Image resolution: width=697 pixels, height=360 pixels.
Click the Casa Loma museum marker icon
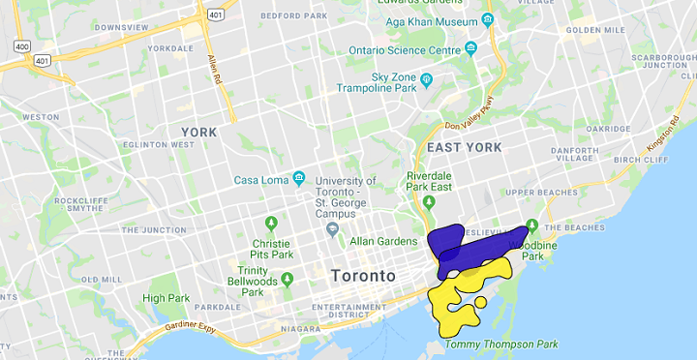[x=299, y=179]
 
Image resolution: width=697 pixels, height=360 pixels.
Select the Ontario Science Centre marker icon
[x=471, y=49]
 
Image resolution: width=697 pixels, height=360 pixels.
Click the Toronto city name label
[x=363, y=276]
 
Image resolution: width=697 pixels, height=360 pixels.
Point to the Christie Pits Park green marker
[x=271, y=224]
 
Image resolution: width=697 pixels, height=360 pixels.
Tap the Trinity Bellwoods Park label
[x=253, y=281]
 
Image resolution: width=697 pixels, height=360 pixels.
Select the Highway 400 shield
[x=20, y=45]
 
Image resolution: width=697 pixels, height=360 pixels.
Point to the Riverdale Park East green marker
[x=428, y=202]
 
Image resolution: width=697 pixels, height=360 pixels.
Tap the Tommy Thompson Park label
[x=516, y=344]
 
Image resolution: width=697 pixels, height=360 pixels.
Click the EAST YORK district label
[x=465, y=147]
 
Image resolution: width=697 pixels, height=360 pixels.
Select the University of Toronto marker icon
[x=333, y=228]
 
